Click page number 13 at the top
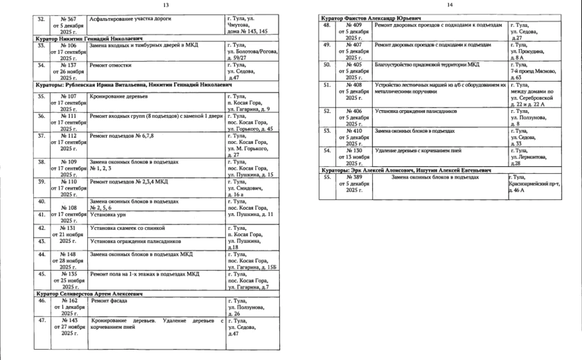pyautogui.click(x=166, y=5)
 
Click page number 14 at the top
pyautogui.click(x=449, y=5)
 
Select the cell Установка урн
pyautogui.click(x=110, y=215)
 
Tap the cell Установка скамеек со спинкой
pyautogui.click(x=128, y=228)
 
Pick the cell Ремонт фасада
pyautogui.click(x=109, y=302)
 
